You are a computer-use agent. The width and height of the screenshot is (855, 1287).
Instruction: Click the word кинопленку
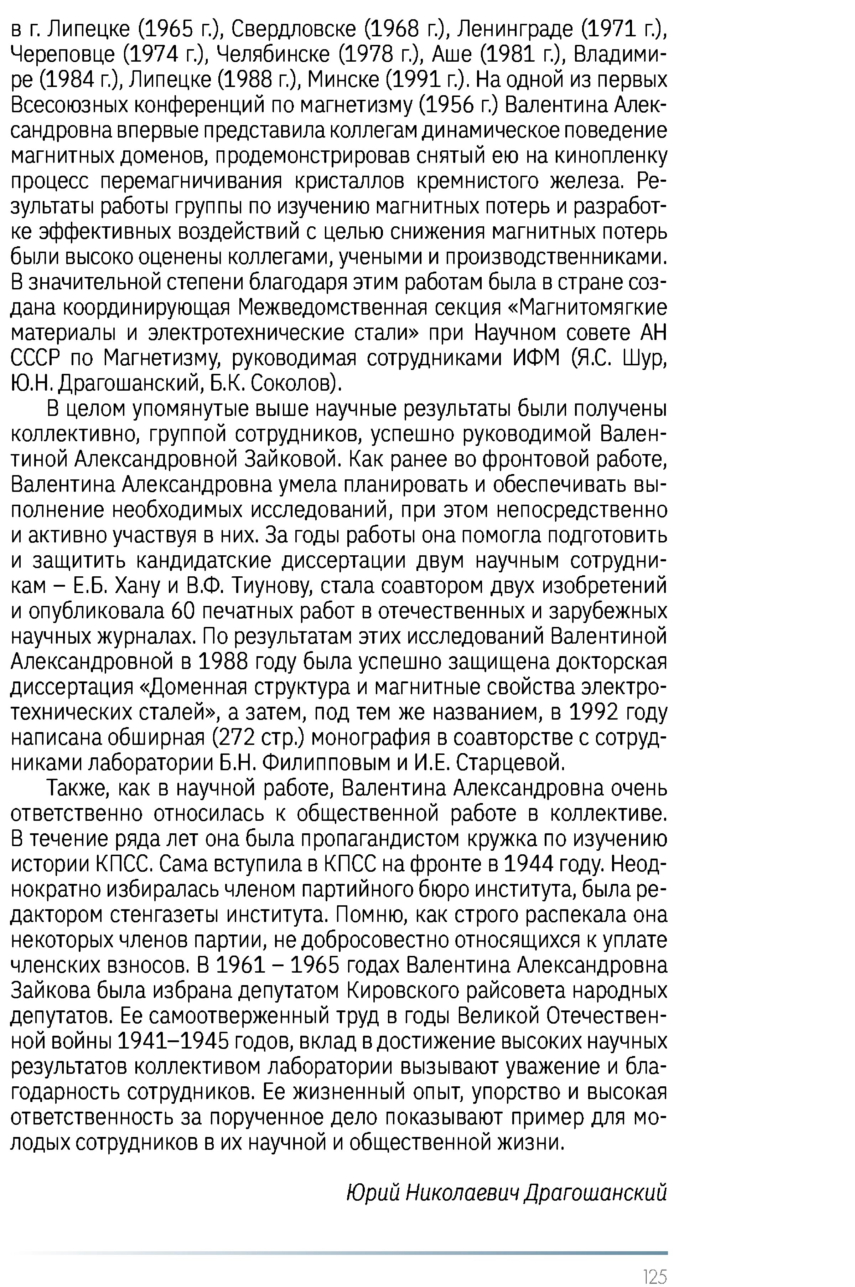pos(611,156)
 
